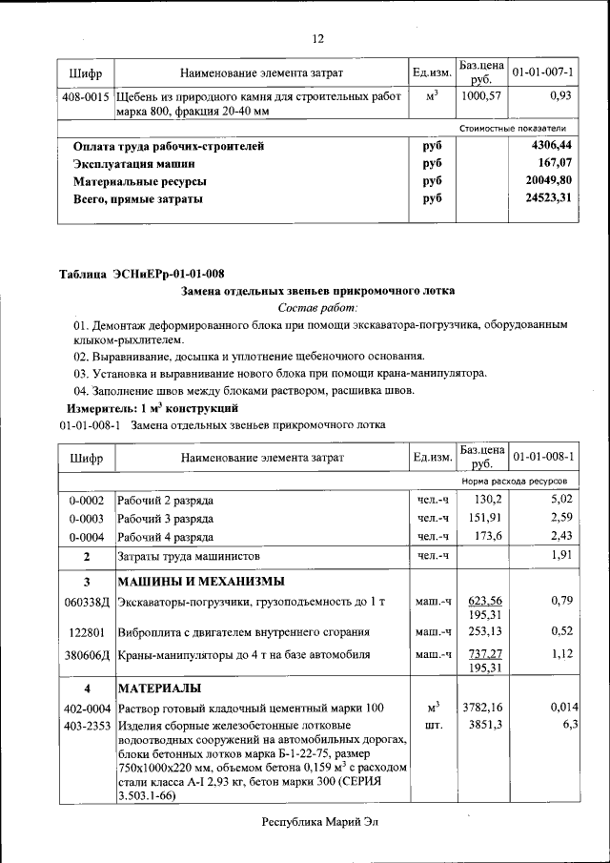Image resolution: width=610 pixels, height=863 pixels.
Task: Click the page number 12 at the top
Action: pos(317,38)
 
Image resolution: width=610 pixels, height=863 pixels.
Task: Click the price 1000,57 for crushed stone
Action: pos(480,96)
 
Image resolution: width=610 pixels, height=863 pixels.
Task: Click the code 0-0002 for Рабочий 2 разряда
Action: pos(86,500)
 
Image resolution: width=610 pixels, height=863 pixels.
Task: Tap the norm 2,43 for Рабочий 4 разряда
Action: pos(558,536)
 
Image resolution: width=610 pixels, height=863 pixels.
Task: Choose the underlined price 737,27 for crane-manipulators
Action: pos(482,653)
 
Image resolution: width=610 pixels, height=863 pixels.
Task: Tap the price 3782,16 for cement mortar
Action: pos(482,708)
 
